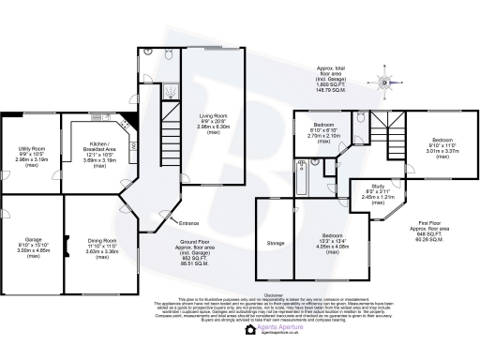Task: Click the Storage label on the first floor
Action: [x=275, y=244]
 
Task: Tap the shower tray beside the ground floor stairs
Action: [x=171, y=91]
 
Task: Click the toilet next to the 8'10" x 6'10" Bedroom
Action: [x=361, y=119]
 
